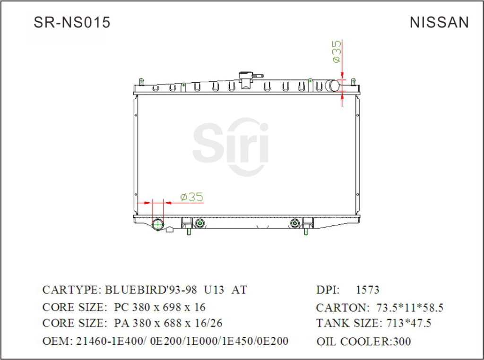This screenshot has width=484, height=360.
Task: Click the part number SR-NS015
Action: [x=72, y=22]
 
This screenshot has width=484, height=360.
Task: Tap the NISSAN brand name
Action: [x=439, y=22]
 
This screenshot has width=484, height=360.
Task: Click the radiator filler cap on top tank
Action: [x=246, y=78]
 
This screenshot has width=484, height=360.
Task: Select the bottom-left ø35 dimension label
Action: [x=191, y=197]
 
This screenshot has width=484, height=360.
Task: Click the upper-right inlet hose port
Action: [x=334, y=86]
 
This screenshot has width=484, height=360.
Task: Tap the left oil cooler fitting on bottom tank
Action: [x=200, y=223]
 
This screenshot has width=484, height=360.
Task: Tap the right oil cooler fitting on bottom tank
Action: [x=296, y=223]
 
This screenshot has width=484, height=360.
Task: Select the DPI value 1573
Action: [x=367, y=290]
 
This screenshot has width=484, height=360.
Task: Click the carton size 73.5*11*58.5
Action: [x=410, y=308]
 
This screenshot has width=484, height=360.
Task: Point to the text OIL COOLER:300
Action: [x=363, y=341]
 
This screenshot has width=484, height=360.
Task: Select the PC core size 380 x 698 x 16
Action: [x=160, y=307]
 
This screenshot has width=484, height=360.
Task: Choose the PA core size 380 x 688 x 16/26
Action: [x=168, y=324]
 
